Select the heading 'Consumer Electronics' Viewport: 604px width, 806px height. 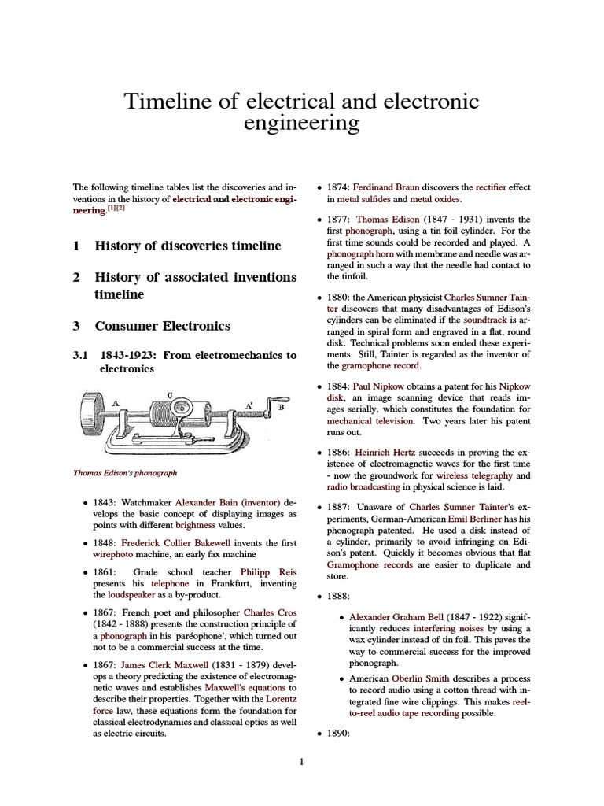pyautogui.click(x=163, y=325)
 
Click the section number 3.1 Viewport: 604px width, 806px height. pyautogui.click(x=83, y=355)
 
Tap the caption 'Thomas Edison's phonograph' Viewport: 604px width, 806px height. pyautogui.click(x=125, y=473)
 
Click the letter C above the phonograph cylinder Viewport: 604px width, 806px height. pyautogui.click(x=169, y=394)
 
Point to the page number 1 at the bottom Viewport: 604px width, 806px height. pyautogui.click(x=301, y=761)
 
